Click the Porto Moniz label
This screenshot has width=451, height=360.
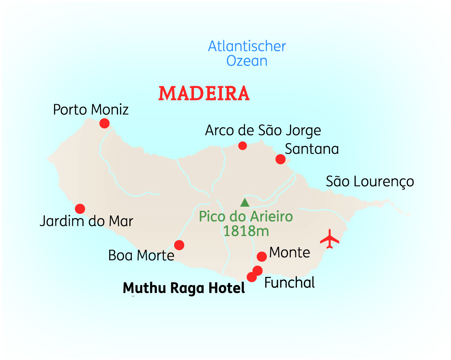point(91,109)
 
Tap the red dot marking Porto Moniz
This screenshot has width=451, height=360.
point(105,123)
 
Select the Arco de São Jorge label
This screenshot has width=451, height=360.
point(263,131)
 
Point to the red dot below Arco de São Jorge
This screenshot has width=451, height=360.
point(243,146)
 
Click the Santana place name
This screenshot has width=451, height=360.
point(311,149)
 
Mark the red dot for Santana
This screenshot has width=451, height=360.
point(280,159)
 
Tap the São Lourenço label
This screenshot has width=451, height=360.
point(370,182)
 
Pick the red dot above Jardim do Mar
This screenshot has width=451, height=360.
point(80,209)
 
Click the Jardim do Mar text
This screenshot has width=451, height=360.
point(86,221)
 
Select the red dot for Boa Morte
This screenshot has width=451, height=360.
point(179,245)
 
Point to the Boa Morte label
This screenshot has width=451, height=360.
point(141,256)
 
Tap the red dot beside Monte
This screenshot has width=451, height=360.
point(262,256)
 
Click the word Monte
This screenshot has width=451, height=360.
point(290,253)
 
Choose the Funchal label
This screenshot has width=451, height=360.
point(290,283)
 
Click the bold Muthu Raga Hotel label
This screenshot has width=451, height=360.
point(184,288)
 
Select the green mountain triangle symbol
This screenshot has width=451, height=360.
point(245,202)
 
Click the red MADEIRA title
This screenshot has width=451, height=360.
point(204,94)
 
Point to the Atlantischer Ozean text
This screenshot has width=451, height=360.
point(247,54)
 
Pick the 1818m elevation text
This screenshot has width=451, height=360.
point(246,231)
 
